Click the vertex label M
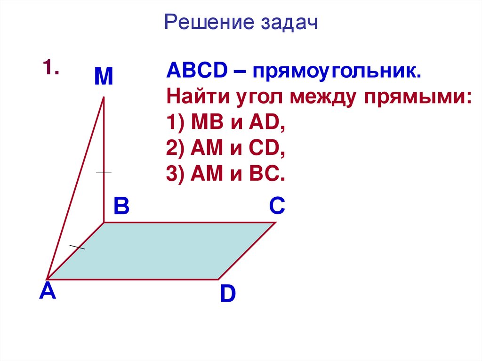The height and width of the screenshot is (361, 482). pyautogui.click(x=104, y=77)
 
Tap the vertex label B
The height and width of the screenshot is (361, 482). pyautogui.click(x=121, y=206)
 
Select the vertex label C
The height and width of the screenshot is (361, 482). pyautogui.click(x=277, y=206)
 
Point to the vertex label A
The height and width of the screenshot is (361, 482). pyautogui.click(x=48, y=292)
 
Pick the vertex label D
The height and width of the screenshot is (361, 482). pyautogui.click(x=227, y=295)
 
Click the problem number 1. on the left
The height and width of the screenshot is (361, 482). pyautogui.click(x=51, y=68)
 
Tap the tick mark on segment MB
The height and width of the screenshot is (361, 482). pyautogui.click(x=104, y=173)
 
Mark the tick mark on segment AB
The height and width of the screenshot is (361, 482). pyautogui.click(x=77, y=247)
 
